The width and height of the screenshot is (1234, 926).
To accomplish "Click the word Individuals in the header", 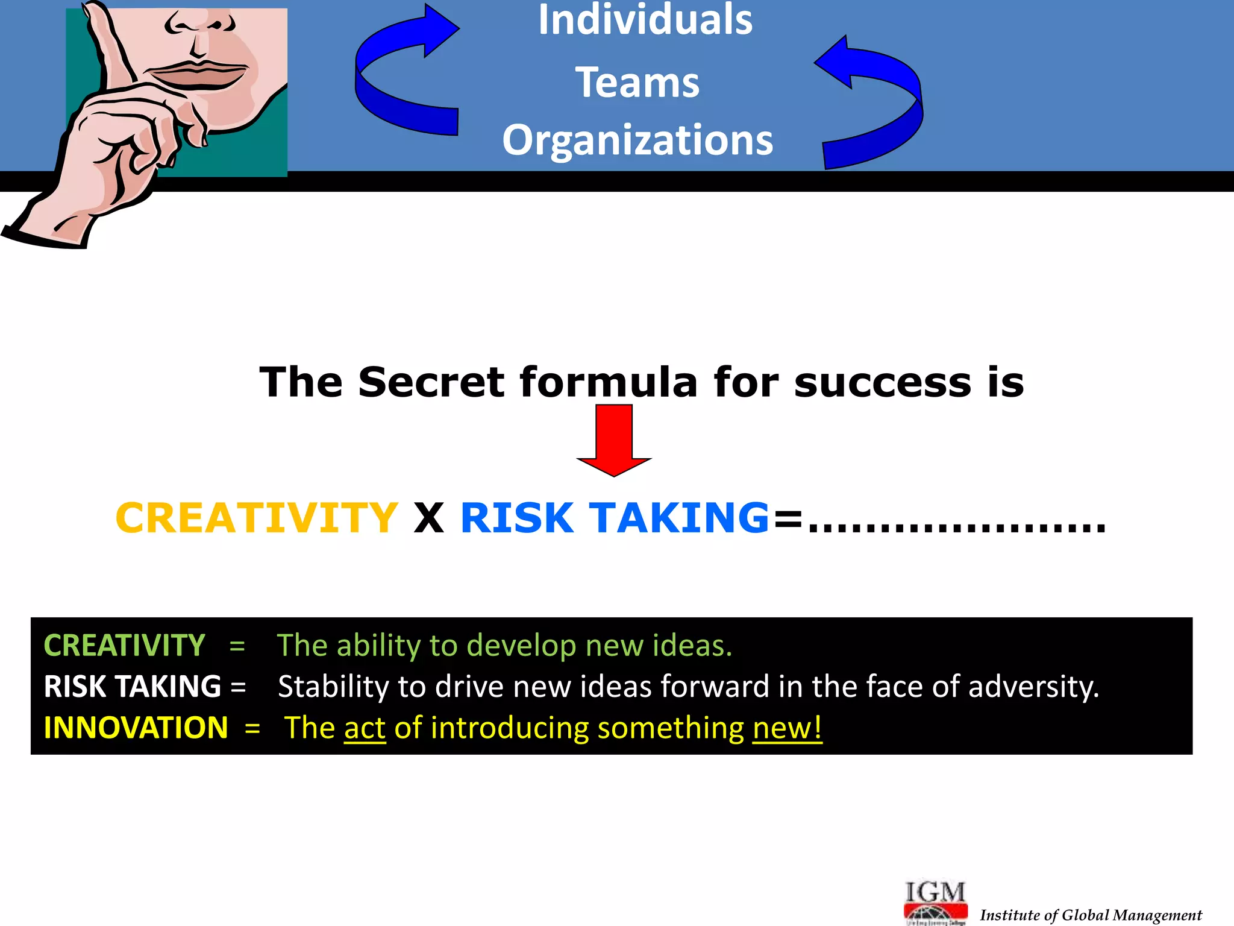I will pos(645,20).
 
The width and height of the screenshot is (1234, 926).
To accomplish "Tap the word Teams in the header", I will pos(637,83).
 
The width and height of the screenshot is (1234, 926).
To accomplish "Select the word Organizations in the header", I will pos(637,140).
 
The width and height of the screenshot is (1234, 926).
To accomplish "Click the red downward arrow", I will pos(614,440).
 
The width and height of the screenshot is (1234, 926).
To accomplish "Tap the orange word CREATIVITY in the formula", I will pos(256,518).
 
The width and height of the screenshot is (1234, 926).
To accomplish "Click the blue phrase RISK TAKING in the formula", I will pos(615,518).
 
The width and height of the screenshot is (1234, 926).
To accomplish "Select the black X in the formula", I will pos(428,518).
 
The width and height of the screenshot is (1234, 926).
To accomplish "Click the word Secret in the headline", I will pos(431,382).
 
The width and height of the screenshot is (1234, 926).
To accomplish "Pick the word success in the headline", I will pos(883,383).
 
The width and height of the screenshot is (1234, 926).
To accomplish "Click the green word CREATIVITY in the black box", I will pos(124,646).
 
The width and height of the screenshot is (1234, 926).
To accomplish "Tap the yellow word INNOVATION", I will pos(136,728).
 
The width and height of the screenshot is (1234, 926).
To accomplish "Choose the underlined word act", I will pos(365,729).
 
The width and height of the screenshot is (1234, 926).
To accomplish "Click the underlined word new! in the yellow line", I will pos(787,729).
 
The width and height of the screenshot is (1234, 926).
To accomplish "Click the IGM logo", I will pos(935,901).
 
